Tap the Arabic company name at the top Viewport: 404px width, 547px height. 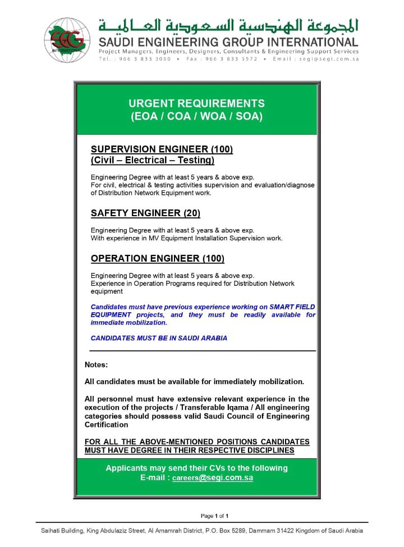point(228,26)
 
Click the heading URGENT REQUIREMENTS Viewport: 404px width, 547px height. point(196,103)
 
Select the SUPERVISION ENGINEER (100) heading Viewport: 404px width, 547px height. point(162,149)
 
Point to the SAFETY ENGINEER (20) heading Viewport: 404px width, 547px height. point(145,213)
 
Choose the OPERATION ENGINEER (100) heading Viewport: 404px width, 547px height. point(157,259)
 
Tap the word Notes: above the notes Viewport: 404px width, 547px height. point(96,365)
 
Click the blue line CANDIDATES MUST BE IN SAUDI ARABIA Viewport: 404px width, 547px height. point(159,338)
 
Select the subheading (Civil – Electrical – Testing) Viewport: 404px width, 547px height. point(153,161)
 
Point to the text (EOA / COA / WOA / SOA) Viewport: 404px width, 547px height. point(196,117)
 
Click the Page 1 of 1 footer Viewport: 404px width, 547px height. point(215,516)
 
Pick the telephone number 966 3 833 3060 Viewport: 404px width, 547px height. point(143,58)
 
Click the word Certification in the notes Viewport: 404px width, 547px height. point(107,425)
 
